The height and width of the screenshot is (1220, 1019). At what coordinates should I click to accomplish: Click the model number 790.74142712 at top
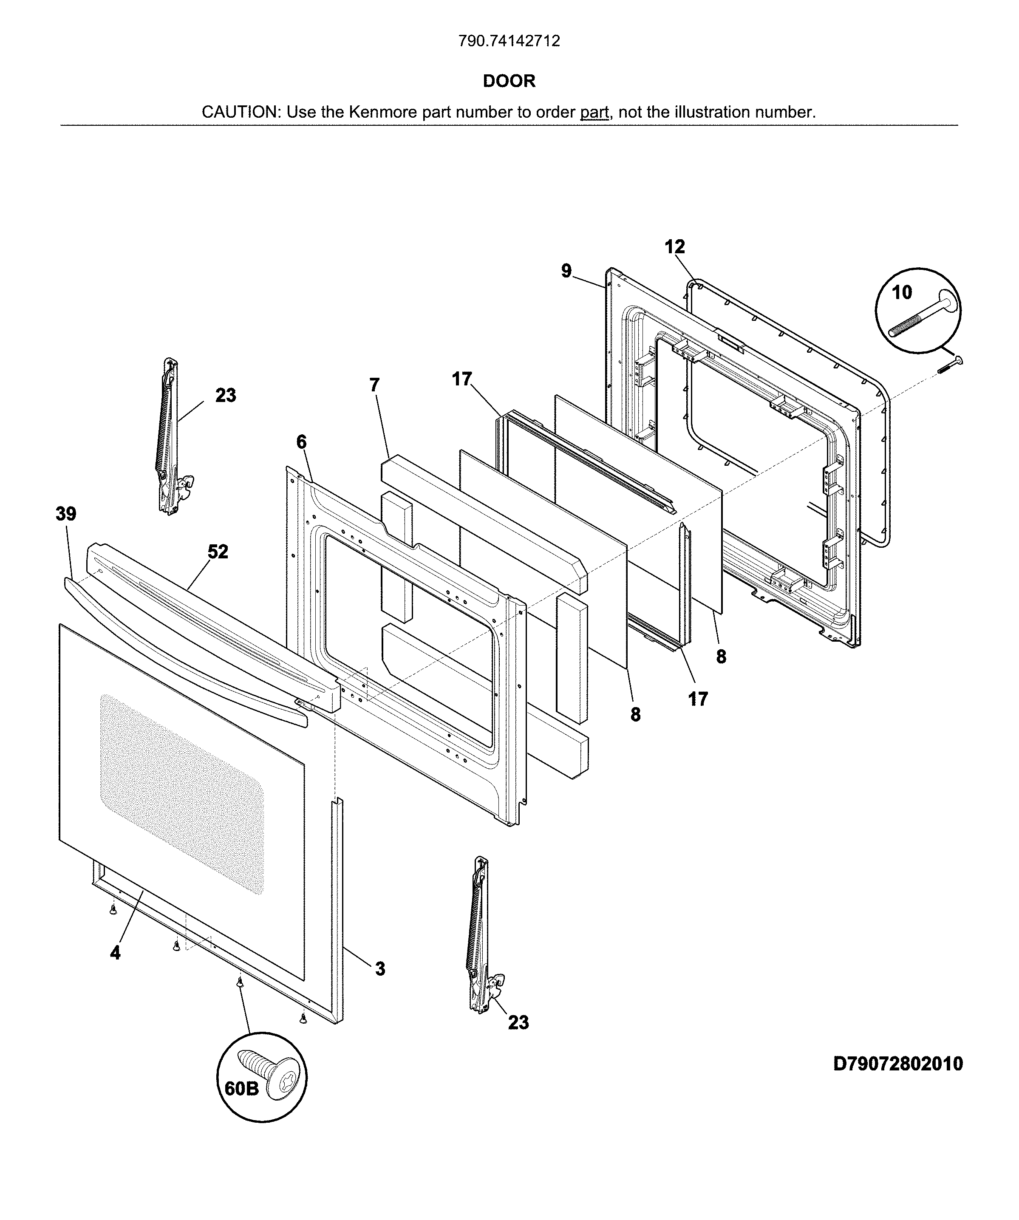tap(509, 41)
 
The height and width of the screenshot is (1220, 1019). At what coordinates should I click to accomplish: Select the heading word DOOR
tap(509, 81)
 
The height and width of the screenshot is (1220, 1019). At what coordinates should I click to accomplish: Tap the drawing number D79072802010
tap(897, 1064)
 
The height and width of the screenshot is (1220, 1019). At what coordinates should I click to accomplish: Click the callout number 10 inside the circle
tap(902, 292)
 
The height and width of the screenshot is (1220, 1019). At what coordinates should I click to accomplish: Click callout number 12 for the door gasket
tap(674, 247)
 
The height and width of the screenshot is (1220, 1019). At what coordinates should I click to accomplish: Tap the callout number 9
tap(566, 271)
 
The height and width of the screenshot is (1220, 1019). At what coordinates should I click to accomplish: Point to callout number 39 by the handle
tap(65, 514)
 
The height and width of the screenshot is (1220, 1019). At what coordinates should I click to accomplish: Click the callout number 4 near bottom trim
tap(115, 952)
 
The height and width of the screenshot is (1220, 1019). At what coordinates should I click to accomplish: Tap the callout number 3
tap(379, 968)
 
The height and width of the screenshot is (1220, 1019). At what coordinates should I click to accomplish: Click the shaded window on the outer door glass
tap(181, 793)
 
